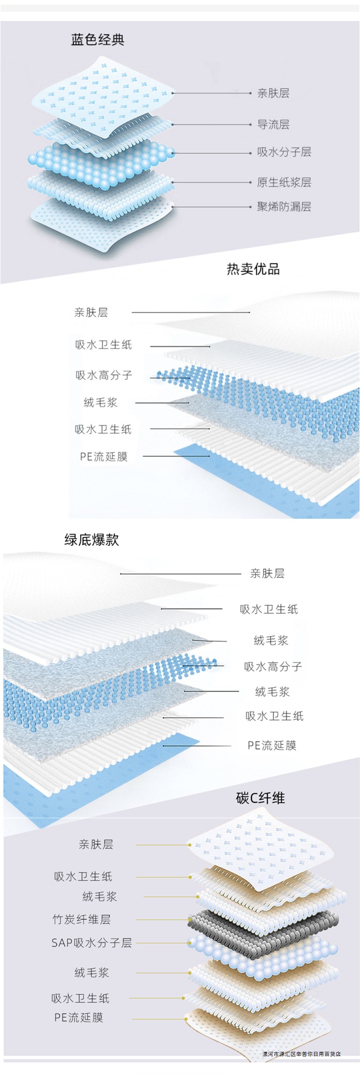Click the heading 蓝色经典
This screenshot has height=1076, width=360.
(98, 40)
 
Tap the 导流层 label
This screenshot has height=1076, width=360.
(273, 124)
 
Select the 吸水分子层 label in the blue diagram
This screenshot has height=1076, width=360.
(284, 152)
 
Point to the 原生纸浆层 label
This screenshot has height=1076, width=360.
(284, 182)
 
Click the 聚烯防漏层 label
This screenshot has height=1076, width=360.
(284, 207)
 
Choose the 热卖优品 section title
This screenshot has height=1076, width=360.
(253, 269)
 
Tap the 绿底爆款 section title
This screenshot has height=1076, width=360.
(92, 540)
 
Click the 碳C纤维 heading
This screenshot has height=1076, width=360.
(260, 798)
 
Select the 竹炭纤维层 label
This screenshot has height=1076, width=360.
(82, 919)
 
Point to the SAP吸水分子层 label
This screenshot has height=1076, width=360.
(92, 943)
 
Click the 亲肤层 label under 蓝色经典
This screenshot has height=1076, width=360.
(273, 93)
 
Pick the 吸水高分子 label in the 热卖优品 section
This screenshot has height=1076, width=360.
(104, 375)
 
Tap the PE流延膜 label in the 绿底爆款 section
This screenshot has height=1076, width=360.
(272, 745)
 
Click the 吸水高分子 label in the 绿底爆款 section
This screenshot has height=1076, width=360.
(273, 666)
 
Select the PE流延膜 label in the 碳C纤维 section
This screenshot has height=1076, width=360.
(79, 1017)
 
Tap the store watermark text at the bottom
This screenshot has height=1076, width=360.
(301, 1054)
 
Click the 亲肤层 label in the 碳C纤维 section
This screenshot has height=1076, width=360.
(96, 844)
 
